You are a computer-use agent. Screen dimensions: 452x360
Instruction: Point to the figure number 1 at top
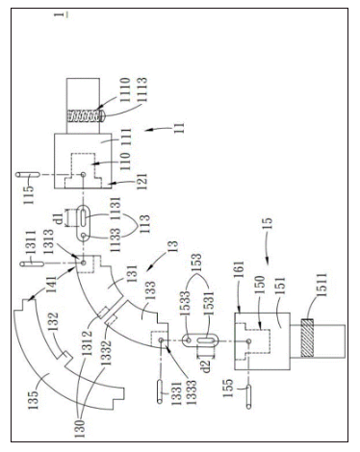(338, 13)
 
